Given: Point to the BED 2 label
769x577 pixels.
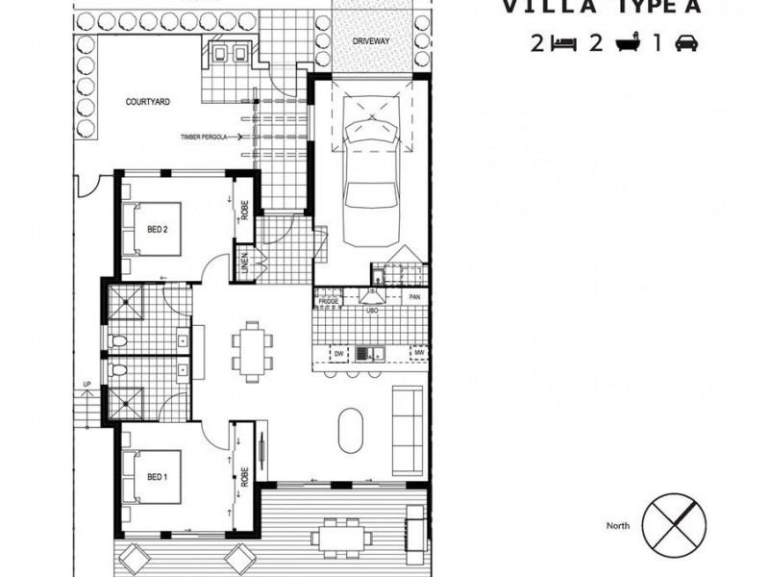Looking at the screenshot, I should [159, 230].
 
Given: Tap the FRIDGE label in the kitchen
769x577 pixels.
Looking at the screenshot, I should [330, 301].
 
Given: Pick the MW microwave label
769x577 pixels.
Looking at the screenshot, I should [418, 353].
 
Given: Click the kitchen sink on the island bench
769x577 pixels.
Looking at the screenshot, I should [364, 353].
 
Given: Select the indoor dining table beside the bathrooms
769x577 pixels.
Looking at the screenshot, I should [251, 350].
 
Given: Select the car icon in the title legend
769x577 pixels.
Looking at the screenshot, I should [685, 43].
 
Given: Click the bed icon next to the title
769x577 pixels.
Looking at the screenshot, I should [562, 43].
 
